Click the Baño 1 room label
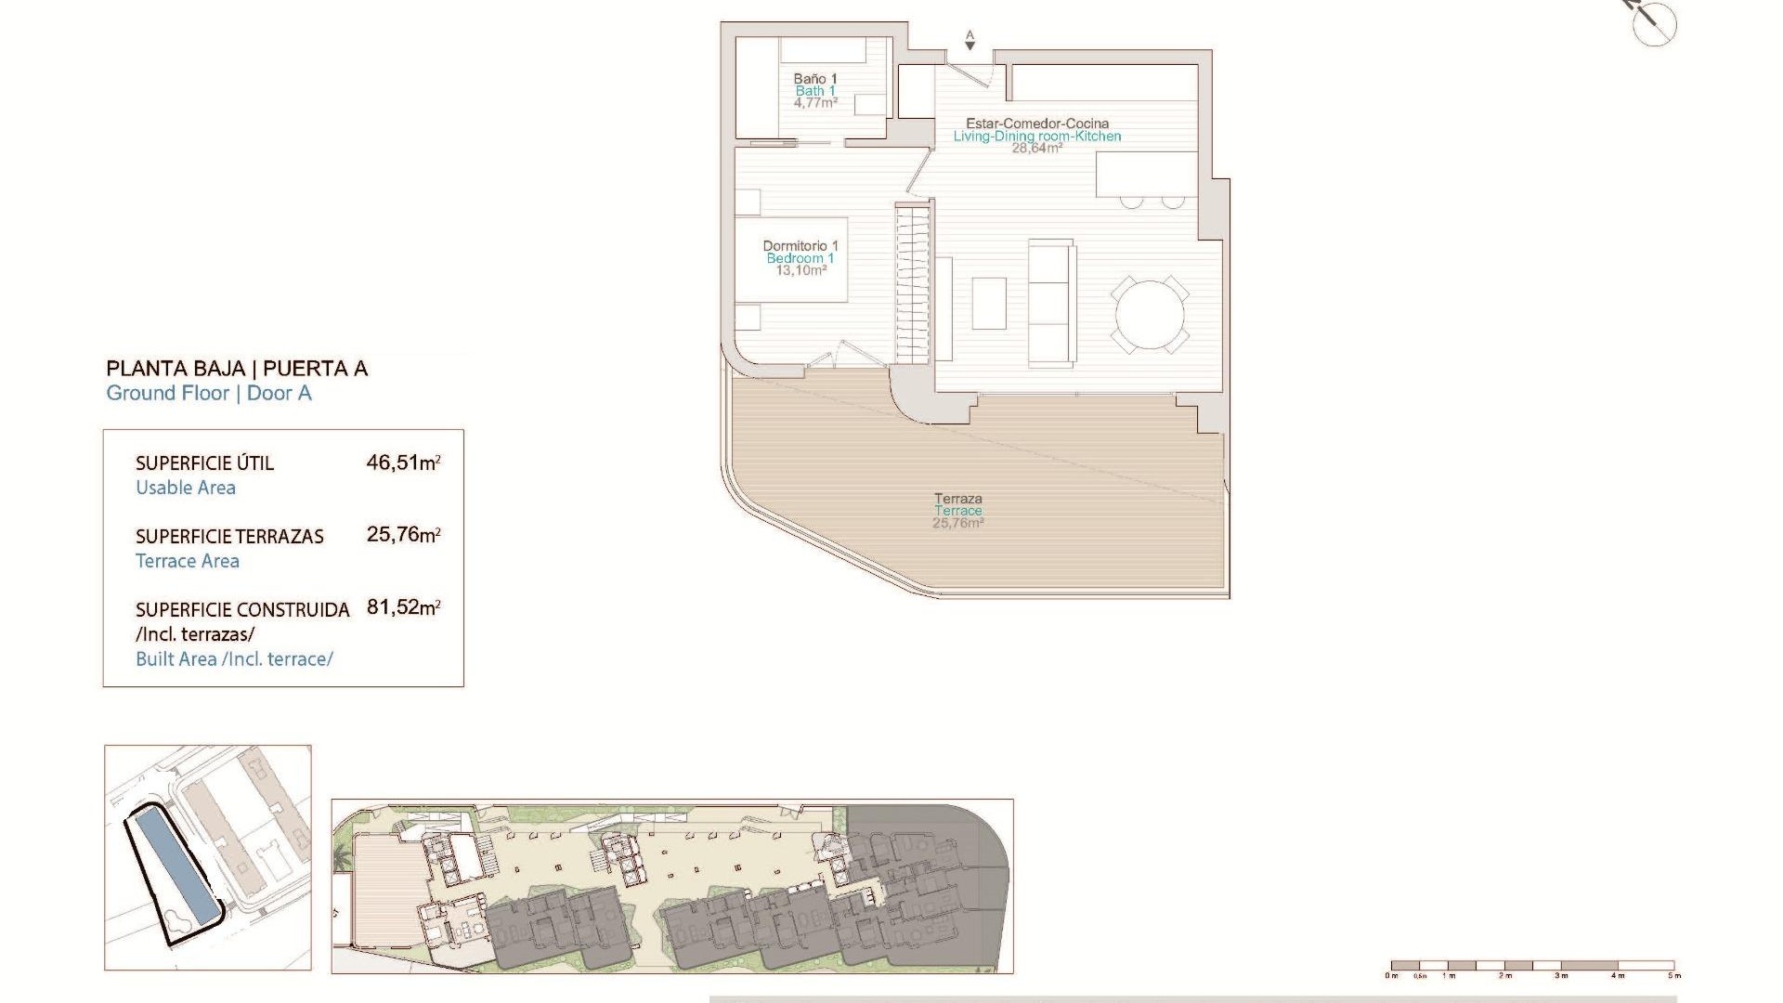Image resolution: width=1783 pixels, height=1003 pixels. tap(815, 79)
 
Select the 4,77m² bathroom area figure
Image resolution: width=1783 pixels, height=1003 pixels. tap(815, 103)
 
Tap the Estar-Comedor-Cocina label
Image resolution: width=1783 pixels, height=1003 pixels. tap(1037, 124)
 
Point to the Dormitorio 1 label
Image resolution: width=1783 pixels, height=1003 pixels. tap(800, 246)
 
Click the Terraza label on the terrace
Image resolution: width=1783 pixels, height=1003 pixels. tap(958, 499)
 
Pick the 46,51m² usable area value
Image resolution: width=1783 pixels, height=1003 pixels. tap(403, 462)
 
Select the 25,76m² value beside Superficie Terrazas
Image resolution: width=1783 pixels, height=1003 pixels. tap(403, 535)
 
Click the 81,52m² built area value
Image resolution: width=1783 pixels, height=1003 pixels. tap(403, 607)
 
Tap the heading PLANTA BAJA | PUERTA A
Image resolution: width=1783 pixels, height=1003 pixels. tap(237, 369)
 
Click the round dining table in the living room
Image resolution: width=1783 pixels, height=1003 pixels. tap(1150, 315)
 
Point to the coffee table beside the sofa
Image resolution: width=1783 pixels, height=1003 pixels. tap(989, 304)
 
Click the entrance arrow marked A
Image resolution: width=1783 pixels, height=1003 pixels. tap(970, 40)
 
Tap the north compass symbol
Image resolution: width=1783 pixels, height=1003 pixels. tap(1654, 23)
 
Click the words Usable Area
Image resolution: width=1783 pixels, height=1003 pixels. tap(186, 488)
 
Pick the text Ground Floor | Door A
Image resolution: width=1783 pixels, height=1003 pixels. tap(209, 394)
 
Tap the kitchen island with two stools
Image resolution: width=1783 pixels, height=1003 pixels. tap(1146, 176)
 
